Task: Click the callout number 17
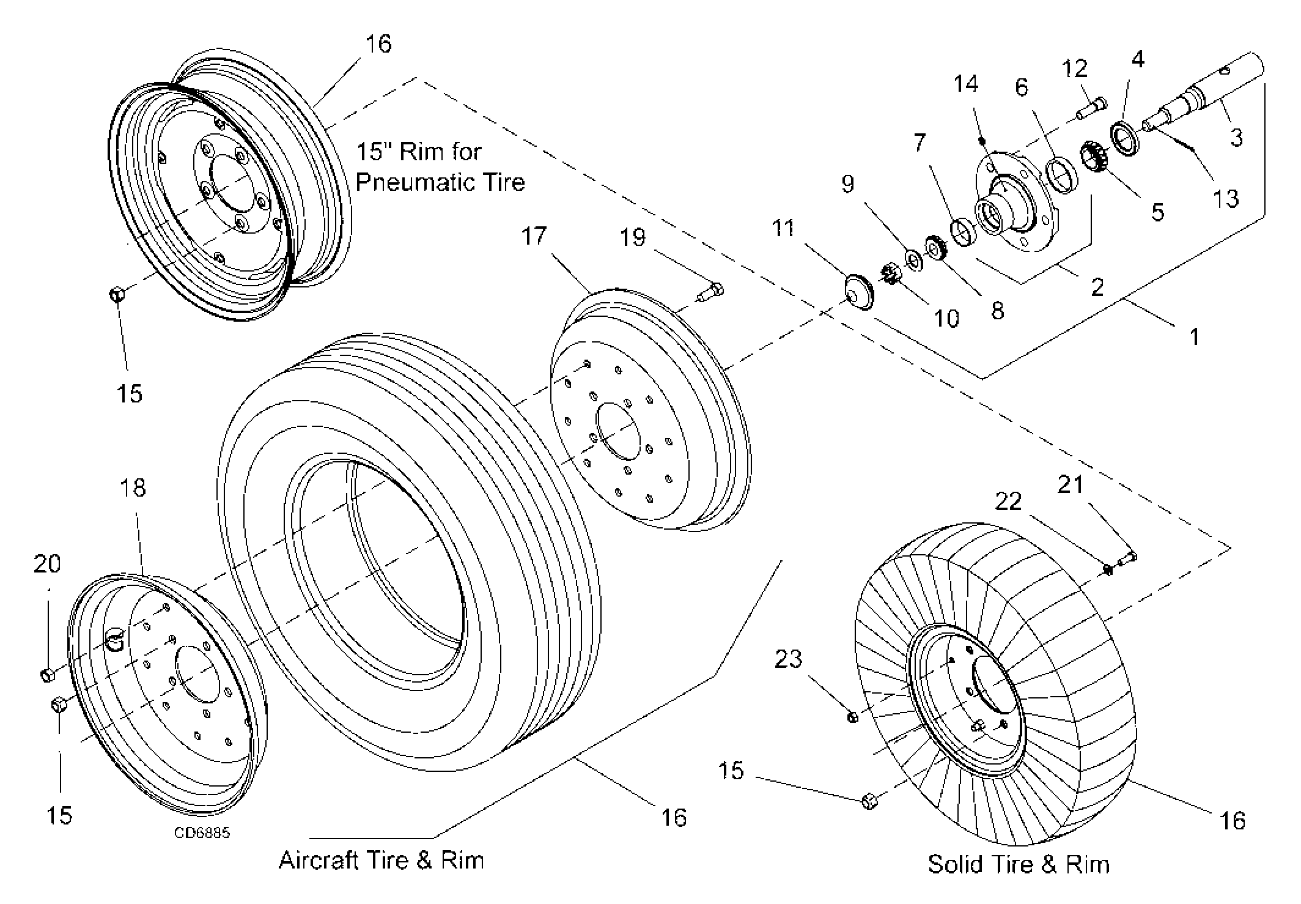coord(534,235)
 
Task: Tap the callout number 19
coord(632,237)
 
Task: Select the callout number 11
coord(783,228)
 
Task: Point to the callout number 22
coord(1008,502)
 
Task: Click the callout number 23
coord(788,659)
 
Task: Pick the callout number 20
coord(47,563)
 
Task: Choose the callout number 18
coord(133,487)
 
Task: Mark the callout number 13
coord(1226,198)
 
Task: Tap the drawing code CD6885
coord(202,832)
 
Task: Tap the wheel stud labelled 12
coord(1091,108)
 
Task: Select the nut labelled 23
coord(852,716)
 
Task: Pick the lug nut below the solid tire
coord(869,801)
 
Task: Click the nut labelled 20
coord(47,675)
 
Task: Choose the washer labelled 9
coord(914,259)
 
